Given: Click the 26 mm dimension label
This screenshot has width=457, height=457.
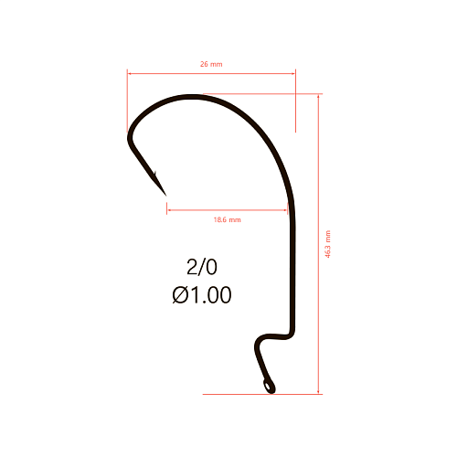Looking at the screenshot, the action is click(x=211, y=64).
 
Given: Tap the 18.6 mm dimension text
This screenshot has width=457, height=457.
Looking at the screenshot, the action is click(x=228, y=219).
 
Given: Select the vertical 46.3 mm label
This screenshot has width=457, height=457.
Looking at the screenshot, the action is click(x=327, y=244).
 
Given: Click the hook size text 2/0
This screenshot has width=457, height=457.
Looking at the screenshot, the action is click(x=202, y=267).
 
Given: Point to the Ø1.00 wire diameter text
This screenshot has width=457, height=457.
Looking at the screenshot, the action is click(x=202, y=295).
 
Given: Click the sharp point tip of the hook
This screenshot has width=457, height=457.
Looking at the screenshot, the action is click(x=165, y=196).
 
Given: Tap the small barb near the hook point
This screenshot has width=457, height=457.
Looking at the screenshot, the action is click(x=155, y=175).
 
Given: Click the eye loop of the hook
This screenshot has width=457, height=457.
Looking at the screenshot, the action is click(x=269, y=387).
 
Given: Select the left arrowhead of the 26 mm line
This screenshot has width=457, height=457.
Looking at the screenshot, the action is click(x=129, y=73).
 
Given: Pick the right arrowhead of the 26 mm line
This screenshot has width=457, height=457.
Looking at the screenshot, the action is click(x=293, y=73).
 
